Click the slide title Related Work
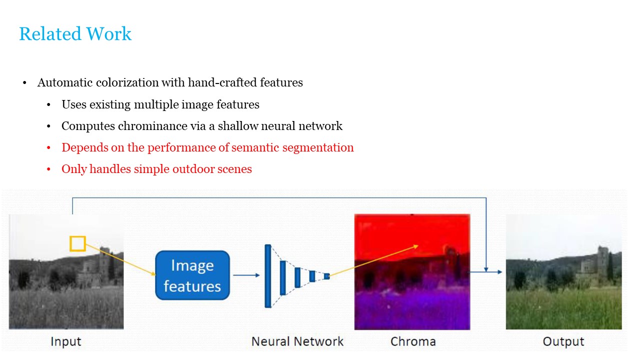click(75, 34)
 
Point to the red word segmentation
click(320, 147)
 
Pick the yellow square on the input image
click(77, 243)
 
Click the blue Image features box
click(192, 275)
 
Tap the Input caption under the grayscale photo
click(65, 342)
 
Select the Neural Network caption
click(297, 342)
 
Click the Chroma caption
click(412, 342)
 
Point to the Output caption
click(563, 342)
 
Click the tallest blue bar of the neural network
click(268, 276)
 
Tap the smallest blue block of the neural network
click(326, 276)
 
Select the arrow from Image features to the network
click(246, 275)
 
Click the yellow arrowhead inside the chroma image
click(415, 246)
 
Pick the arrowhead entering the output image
click(499, 272)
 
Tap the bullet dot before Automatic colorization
click(24, 83)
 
